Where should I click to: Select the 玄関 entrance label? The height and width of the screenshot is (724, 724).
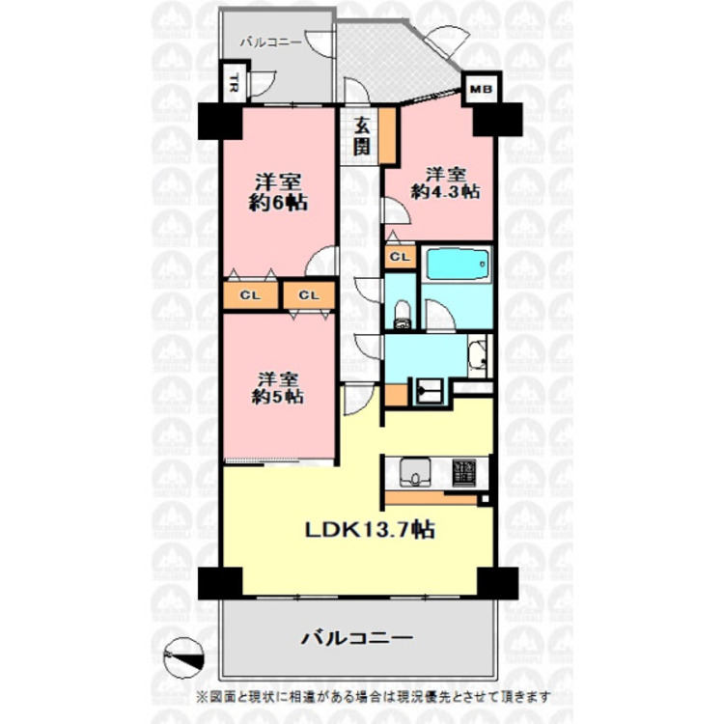361,134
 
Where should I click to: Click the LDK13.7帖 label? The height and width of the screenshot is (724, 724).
370,529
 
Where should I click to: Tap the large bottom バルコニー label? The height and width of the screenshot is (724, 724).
356,638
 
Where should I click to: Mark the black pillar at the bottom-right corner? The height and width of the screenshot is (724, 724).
497,583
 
